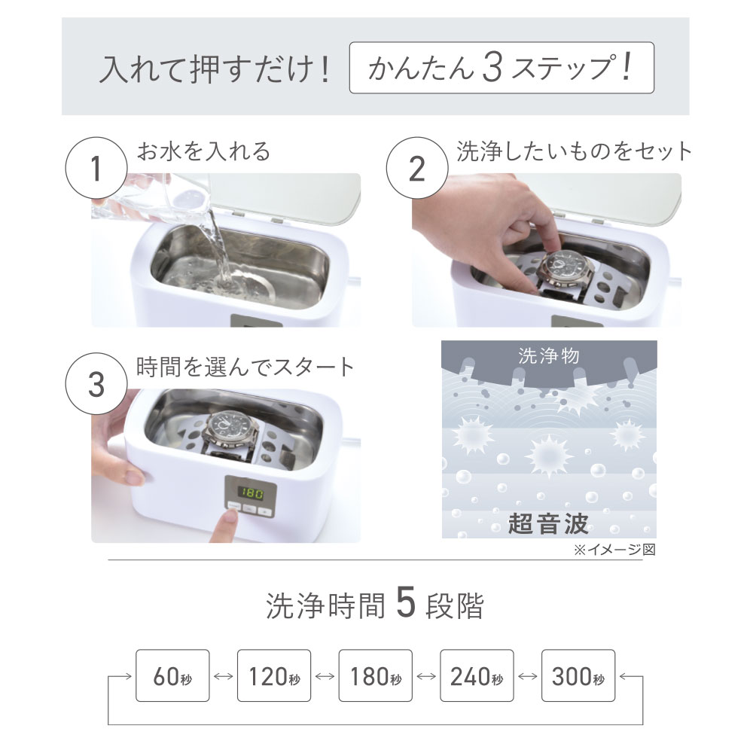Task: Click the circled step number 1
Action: pos(96,168)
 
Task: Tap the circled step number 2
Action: pos(417,168)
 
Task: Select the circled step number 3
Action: pos(96,384)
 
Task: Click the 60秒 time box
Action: pos(172,675)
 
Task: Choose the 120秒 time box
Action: pos(274,675)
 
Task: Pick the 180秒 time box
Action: pos(376,675)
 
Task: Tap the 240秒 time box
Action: pos(477,675)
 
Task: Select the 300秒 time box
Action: pos(578,675)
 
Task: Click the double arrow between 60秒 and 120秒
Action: pos(224,676)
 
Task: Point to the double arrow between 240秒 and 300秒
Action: pos(528,676)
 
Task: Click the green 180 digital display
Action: pos(252,492)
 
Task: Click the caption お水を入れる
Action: pos(203,152)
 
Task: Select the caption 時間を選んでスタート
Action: pos(245,367)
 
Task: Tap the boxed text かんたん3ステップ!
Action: pos(501,67)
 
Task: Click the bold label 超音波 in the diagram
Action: pos(548,523)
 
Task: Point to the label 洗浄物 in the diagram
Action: pos(549,356)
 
